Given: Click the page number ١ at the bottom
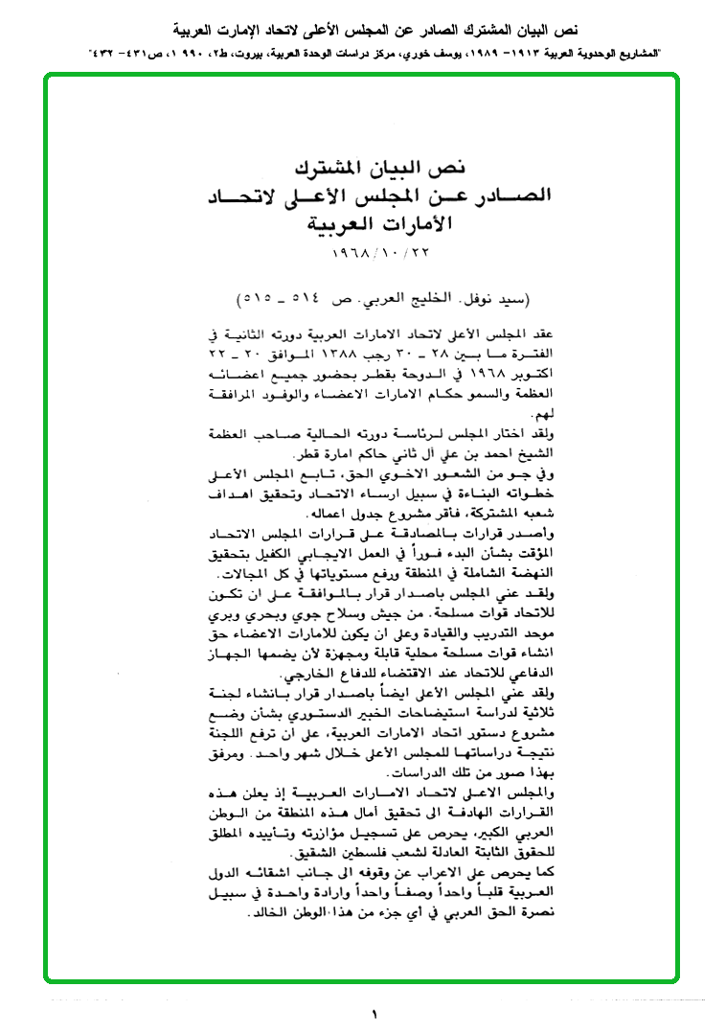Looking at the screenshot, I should pyautogui.click(x=374, y=1014).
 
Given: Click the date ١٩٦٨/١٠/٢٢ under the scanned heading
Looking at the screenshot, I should pyautogui.click(x=366, y=258).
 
